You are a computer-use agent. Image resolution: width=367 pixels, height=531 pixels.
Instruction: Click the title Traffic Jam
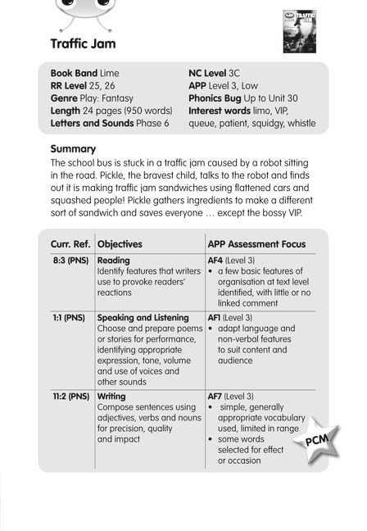pos(83,43)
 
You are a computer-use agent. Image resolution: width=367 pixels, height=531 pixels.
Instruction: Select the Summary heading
pos(73,149)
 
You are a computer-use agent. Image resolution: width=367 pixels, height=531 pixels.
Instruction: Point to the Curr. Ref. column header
pos(70,243)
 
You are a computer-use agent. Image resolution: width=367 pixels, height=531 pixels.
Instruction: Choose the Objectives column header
pos(120,243)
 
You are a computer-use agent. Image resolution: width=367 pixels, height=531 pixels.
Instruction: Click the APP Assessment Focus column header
pos(256,243)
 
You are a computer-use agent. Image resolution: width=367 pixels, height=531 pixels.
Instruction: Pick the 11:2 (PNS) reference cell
pos(70,396)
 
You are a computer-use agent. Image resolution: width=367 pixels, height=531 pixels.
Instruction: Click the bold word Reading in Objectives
pos(114,261)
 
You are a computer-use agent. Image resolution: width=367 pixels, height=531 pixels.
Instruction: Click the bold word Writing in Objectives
pos(111,396)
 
